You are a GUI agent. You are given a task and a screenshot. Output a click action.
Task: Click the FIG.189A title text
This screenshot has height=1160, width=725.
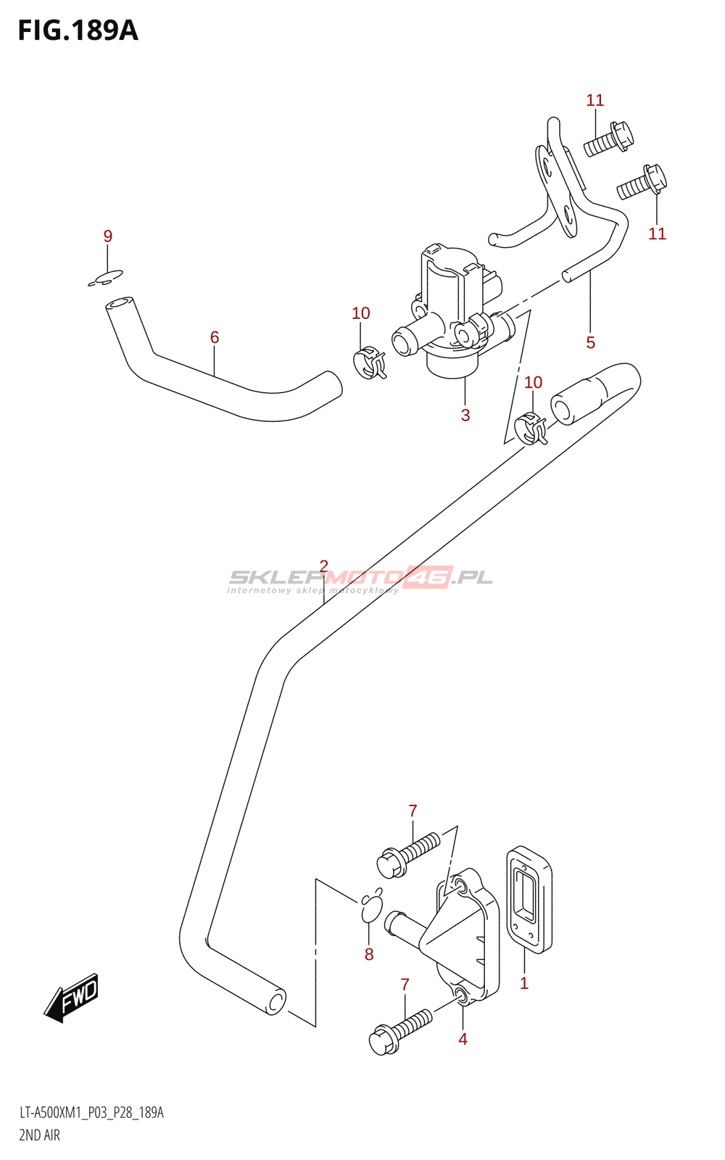coord(78,30)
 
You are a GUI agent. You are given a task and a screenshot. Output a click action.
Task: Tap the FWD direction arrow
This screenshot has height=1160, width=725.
coord(72,998)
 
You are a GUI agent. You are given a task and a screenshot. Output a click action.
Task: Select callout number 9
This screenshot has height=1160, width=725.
coord(108,236)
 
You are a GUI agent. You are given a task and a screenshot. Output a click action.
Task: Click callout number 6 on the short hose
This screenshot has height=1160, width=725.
coord(215,337)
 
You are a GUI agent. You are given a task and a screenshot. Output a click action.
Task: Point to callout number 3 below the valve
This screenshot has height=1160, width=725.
coord(465,415)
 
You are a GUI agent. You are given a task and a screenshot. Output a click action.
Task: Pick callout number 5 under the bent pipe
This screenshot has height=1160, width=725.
coord(591,342)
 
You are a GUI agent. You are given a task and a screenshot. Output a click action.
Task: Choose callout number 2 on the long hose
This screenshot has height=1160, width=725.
coord(324,566)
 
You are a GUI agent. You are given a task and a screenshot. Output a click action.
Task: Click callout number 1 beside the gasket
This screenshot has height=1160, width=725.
coord(524,984)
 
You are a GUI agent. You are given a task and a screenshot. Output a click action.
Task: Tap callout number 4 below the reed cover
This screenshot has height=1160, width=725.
coord(463,1039)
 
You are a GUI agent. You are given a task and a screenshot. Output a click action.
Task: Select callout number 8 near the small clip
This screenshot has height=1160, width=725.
coord(369,955)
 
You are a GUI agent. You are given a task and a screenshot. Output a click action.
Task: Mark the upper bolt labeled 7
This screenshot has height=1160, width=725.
coord(409,853)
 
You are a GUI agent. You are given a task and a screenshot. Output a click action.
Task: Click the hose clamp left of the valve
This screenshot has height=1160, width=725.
coord(369,362)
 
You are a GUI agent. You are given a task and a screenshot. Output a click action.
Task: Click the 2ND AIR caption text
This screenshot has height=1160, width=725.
coord(40,1135)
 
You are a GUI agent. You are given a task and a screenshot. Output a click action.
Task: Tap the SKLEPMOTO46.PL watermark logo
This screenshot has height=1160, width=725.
coord(360,578)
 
